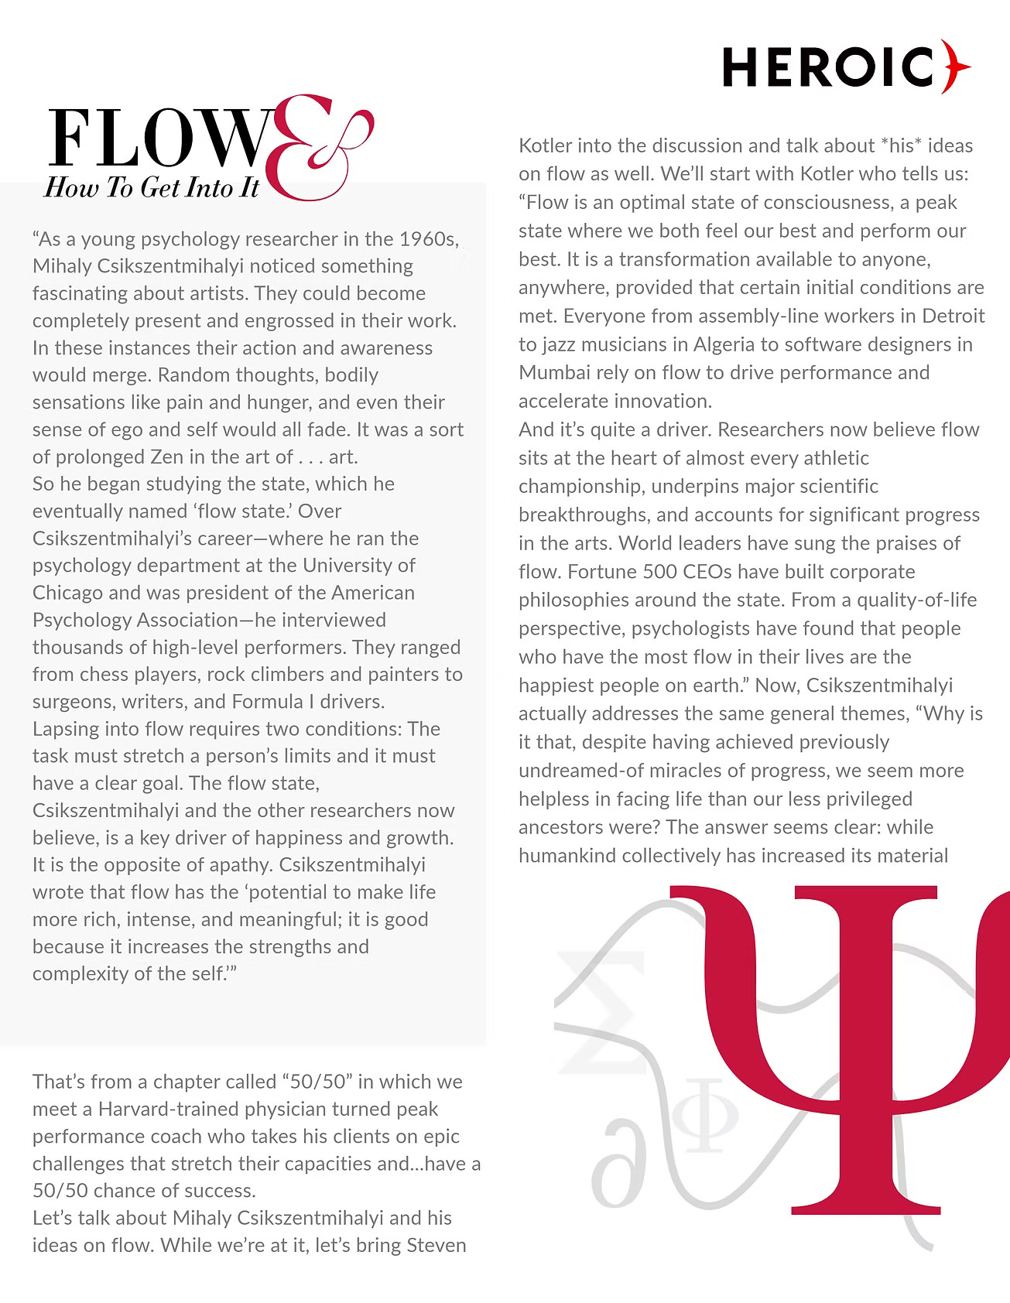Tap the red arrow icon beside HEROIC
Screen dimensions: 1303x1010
(955, 67)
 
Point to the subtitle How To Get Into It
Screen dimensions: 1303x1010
(152, 188)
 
